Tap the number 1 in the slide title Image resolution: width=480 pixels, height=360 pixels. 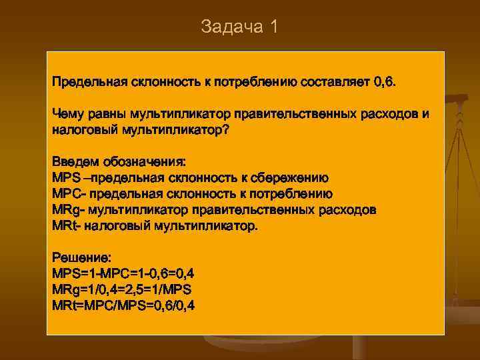(x=273, y=27)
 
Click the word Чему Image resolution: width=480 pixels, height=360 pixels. (x=68, y=114)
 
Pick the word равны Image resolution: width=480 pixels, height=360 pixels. (x=109, y=114)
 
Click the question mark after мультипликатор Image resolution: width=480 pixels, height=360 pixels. (x=225, y=130)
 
